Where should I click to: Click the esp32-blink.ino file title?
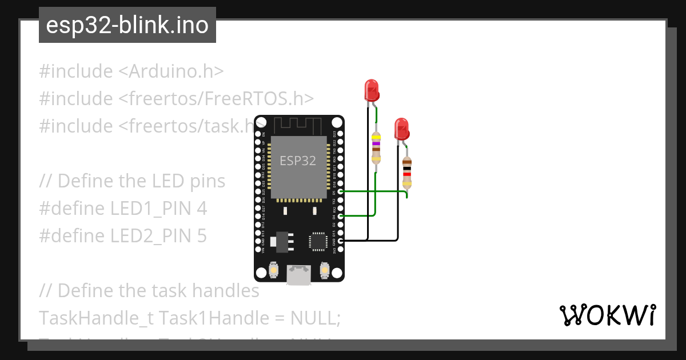[x=127, y=26]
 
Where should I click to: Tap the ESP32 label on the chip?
[x=297, y=161]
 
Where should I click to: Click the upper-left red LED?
[x=371, y=91]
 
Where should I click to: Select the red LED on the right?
[x=402, y=129]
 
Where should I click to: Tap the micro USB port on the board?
[x=299, y=275]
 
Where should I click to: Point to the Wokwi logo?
[x=607, y=315]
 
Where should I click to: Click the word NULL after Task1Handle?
[x=313, y=318]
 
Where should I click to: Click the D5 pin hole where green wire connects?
[x=341, y=192]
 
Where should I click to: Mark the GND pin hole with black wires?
[x=341, y=241]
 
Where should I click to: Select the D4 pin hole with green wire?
[x=341, y=217]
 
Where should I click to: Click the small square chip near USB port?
[x=318, y=241]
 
